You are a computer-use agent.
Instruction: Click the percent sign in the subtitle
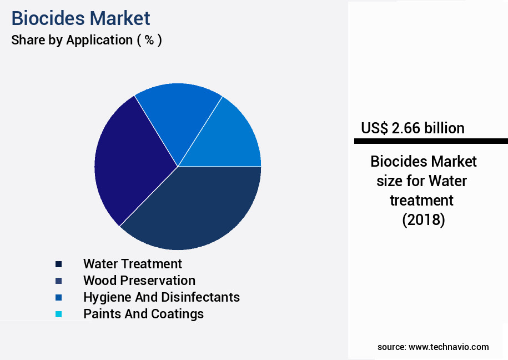(x=149, y=40)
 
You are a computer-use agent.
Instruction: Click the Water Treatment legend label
(x=133, y=264)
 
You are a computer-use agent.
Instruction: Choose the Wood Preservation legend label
(x=139, y=281)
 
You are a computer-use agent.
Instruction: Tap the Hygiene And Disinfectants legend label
(x=162, y=297)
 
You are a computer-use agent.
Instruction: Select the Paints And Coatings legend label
(x=143, y=314)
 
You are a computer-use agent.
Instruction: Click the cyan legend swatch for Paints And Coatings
(x=58, y=314)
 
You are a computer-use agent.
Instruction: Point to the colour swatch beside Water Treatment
(x=58, y=264)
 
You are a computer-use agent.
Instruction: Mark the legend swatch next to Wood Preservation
(x=58, y=281)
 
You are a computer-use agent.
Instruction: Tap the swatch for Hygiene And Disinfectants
(x=58, y=298)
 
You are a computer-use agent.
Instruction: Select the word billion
(x=445, y=128)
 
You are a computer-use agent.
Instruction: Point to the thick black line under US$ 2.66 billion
(x=431, y=141)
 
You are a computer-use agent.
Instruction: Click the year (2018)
(x=424, y=220)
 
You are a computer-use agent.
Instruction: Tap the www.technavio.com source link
(x=449, y=347)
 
